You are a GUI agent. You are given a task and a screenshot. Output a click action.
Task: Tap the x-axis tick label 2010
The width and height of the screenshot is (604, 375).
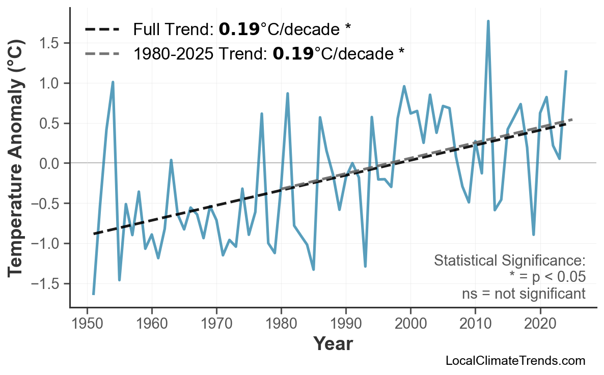click(475, 324)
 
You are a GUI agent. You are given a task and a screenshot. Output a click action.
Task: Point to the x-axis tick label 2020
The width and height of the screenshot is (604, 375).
click(540, 324)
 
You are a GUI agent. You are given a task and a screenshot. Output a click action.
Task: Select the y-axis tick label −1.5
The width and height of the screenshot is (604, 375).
click(46, 283)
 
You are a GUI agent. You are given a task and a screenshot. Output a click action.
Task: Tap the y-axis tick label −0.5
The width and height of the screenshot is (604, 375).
click(46, 204)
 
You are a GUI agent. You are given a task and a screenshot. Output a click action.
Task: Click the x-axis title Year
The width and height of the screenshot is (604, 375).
click(333, 344)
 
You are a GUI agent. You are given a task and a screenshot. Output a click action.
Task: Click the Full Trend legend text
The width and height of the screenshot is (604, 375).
click(242, 30)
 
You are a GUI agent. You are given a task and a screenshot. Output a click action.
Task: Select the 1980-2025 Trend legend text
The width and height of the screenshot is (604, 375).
click(268, 53)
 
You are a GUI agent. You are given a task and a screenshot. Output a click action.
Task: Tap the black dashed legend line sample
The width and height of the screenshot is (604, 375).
click(102, 30)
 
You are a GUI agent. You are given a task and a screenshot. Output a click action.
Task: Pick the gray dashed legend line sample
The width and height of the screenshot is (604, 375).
click(102, 53)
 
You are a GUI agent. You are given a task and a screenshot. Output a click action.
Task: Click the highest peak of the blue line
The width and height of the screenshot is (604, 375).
click(488, 21)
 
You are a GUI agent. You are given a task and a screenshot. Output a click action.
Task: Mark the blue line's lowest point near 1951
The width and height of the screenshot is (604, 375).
click(94, 294)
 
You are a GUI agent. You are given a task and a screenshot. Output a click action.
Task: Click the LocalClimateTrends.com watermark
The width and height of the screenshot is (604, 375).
click(515, 361)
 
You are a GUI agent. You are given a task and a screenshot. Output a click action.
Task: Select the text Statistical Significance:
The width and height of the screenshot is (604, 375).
click(509, 261)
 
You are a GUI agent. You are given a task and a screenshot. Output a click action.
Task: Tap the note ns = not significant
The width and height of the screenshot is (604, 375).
click(524, 294)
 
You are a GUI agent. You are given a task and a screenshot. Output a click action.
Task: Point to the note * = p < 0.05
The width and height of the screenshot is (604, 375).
click(547, 277)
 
